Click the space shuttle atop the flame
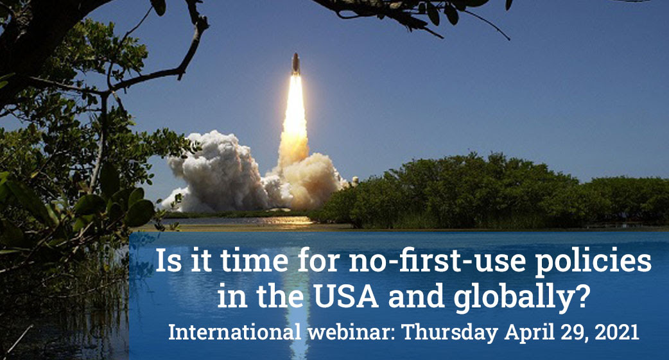point(295,64)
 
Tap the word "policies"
point(593,261)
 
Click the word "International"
point(234,332)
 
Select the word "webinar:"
point(352,332)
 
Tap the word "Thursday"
point(450,332)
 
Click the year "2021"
point(617,332)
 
